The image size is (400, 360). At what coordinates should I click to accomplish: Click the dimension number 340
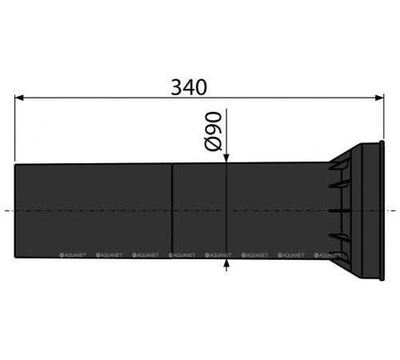(x=195, y=85)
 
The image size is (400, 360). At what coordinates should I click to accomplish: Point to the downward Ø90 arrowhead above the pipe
(x=226, y=158)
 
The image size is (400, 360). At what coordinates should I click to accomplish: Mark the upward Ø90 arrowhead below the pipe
(x=226, y=262)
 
